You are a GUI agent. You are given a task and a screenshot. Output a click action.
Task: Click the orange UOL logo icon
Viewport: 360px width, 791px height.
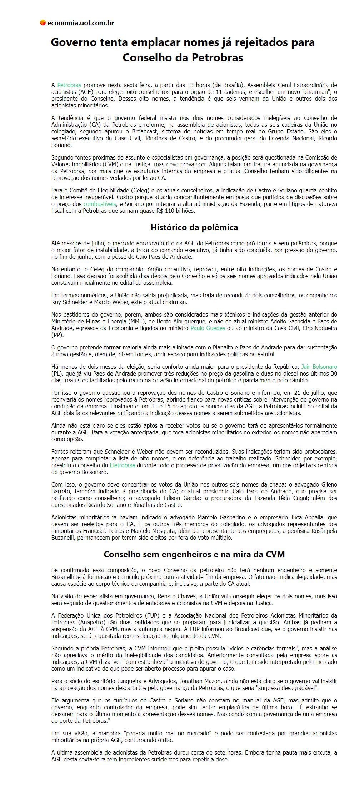pos(42,23)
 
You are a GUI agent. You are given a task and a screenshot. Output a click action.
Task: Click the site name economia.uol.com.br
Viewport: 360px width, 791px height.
pos(80,23)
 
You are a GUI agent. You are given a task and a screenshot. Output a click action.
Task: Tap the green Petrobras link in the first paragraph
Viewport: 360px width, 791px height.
pos(69,85)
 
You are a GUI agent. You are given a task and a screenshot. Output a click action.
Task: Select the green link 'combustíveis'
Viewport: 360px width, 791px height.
pos(100,204)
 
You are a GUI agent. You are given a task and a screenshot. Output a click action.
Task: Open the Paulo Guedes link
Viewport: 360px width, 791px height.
pos(207,328)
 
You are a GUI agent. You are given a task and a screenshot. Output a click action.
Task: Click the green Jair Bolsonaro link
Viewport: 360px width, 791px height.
pos(319,367)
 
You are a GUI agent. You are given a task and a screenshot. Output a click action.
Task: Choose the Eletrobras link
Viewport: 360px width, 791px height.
pos(122,465)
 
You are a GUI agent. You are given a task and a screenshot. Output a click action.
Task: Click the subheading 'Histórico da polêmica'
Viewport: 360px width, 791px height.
pos(194,227)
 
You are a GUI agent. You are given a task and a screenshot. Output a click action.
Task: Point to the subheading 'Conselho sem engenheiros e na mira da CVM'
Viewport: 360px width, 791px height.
pos(194,554)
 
